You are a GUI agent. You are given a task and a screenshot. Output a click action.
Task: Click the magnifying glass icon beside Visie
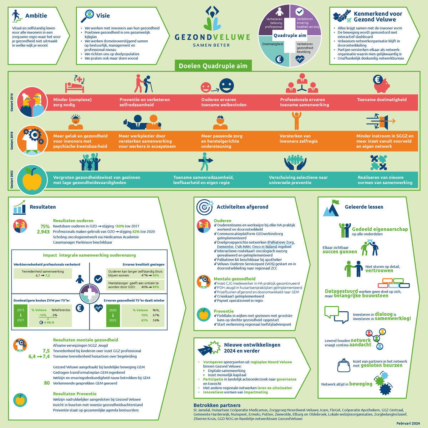[x=87, y=16]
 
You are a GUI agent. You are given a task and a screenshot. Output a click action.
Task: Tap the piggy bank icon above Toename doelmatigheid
[x=381, y=84]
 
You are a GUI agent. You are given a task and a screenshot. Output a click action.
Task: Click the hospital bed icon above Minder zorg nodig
[x=75, y=84]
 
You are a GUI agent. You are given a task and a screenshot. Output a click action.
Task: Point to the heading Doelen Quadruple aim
[x=213, y=66]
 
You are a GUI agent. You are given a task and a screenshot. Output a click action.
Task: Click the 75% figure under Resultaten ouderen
[x=45, y=226]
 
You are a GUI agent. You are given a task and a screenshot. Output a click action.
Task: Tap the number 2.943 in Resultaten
[x=43, y=232]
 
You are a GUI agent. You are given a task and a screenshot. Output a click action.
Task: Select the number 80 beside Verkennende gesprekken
[x=47, y=383]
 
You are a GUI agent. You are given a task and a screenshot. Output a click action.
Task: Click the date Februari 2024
[x=408, y=423]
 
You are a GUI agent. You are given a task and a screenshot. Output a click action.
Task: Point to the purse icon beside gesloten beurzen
[x=343, y=365]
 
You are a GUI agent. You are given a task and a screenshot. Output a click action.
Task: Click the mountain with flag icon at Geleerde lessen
[x=331, y=208]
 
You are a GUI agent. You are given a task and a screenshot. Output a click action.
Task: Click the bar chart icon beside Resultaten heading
[x=19, y=207]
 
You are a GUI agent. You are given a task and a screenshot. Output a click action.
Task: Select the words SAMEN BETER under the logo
[x=211, y=45]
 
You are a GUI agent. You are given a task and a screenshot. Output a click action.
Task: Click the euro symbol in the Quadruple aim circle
[x=279, y=59]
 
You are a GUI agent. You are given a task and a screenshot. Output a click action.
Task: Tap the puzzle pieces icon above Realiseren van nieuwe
[x=379, y=163]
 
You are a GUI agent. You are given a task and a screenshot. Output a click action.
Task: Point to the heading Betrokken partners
[x=217, y=405]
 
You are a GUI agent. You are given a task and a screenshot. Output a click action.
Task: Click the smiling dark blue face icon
[x=226, y=86]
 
